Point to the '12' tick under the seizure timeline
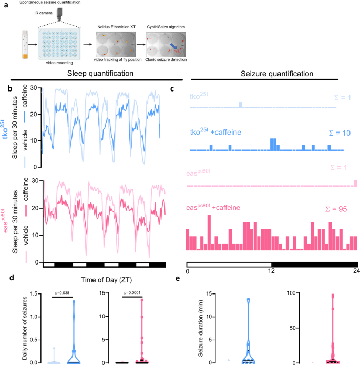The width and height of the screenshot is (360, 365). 272,271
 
